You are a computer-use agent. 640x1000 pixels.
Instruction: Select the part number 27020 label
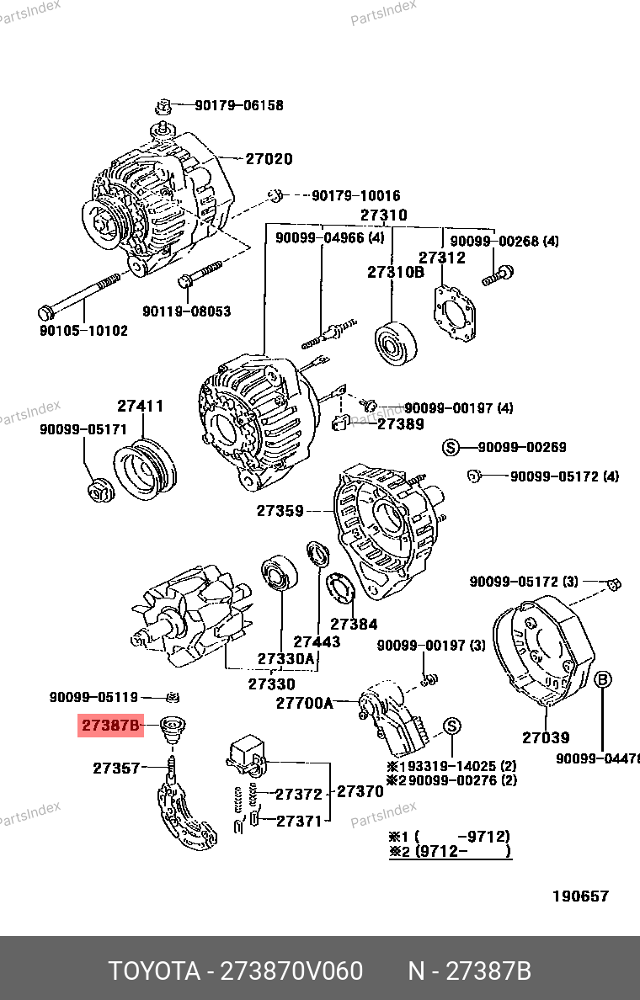tap(269, 159)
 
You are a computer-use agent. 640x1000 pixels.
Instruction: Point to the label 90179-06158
tap(239, 106)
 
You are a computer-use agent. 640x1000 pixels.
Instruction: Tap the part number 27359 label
tap(280, 510)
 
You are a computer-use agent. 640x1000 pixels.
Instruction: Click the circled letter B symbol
tap(604, 680)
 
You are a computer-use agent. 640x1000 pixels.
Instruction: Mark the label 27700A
tap(305, 703)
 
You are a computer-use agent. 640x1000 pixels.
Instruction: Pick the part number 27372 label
tap(299, 794)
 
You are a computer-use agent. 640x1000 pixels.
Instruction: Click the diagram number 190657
tap(580, 896)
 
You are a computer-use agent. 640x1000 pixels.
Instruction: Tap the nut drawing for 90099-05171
tap(99, 489)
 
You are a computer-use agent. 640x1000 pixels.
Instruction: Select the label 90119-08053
tap(186, 311)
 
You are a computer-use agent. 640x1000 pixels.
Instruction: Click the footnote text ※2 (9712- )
tap(450, 852)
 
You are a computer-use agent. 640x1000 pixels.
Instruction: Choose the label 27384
tap(354, 625)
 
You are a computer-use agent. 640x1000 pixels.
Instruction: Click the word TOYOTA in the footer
tap(152, 971)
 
